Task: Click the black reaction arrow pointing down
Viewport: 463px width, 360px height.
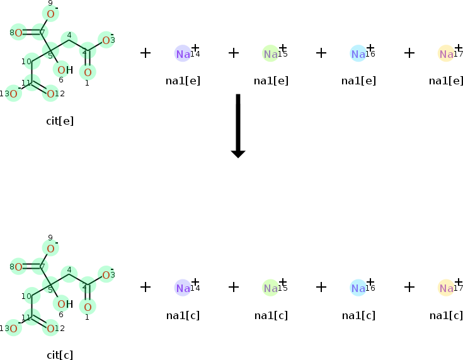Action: tap(237, 125)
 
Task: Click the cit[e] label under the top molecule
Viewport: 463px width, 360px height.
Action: tap(60, 121)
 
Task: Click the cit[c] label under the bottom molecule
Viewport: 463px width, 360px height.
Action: tap(60, 355)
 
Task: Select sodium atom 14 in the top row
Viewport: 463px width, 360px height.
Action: tap(183, 54)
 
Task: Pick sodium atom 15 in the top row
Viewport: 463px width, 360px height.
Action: tap(270, 54)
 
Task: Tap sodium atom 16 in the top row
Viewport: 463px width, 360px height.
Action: tap(358, 54)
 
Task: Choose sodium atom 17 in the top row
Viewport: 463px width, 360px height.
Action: tap(446, 54)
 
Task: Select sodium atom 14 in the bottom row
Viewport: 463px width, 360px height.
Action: tap(183, 288)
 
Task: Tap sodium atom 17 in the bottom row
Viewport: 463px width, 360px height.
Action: tap(446, 288)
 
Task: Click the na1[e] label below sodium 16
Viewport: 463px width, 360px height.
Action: tap(358, 81)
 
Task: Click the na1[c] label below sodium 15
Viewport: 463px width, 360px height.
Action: tap(271, 315)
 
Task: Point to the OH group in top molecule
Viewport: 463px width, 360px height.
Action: tap(64, 70)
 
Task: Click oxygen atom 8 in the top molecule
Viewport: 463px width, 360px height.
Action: tap(18, 33)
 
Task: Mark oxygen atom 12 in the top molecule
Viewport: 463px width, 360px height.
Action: tap(51, 94)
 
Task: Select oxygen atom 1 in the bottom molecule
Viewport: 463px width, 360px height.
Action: tap(88, 307)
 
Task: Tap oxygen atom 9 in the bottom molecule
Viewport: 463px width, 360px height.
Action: tap(50, 248)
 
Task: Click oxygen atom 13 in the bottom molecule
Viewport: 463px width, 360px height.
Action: tap(13, 328)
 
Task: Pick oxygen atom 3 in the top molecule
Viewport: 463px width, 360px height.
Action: tap(106, 41)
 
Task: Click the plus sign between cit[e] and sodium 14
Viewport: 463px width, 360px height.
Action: tap(146, 53)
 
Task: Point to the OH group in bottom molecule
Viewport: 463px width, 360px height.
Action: tap(64, 304)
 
